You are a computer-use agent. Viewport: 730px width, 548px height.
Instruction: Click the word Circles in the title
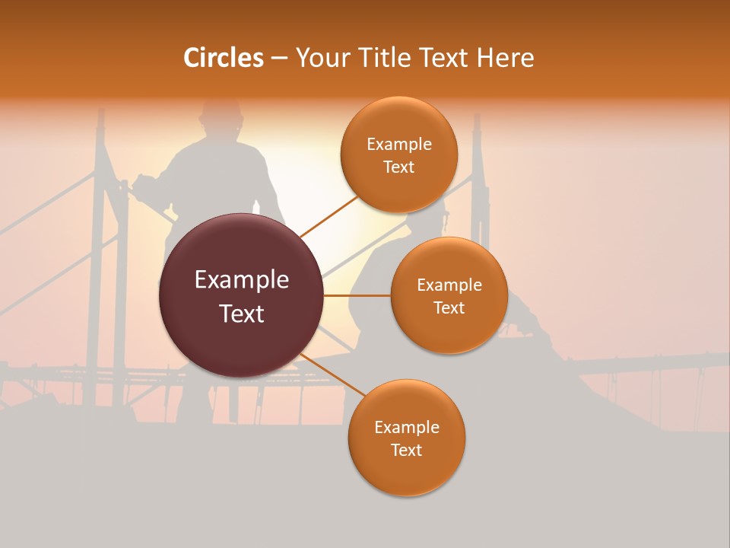click(224, 58)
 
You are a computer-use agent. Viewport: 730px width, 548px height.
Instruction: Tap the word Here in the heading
click(506, 58)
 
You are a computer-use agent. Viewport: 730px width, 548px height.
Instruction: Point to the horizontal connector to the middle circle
click(357, 295)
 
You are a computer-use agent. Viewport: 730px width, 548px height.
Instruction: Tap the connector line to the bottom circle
click(332, 374)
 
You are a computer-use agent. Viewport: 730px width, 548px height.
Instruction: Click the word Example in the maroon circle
click(242, 280)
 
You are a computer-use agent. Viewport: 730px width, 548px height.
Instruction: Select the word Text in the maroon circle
click(242, 314)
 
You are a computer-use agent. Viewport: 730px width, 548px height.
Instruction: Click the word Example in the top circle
click(399, 145)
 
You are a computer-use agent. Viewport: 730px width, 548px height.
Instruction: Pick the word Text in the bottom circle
click(406, 451)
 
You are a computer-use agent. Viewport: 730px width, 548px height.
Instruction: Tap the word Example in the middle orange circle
click(449, 285)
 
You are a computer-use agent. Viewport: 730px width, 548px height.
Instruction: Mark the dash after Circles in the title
click(279, 59)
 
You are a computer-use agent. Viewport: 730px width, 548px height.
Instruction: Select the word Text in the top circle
click(399, 167)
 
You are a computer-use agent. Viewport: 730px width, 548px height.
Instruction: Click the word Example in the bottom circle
click(407, 428)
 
